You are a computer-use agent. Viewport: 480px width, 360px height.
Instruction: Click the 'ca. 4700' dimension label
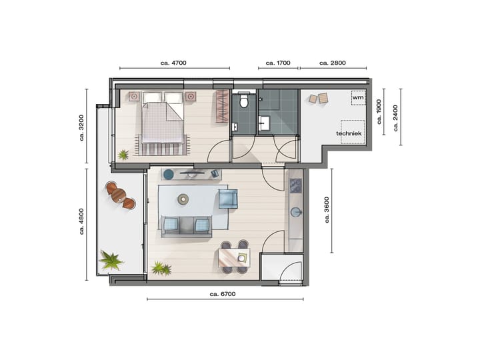pyautogui.click(x=174, y=63)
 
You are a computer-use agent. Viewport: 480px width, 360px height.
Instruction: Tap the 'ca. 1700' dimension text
pyautogui.click(x=278, y=63)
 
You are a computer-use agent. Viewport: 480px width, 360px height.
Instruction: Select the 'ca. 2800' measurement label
pyautogui.click(x=333, y=63)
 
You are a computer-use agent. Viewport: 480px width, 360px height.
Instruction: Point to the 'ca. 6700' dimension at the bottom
pyautogui.click(x=222, y=293)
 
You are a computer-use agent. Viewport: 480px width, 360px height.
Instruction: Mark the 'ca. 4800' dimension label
pyautogui.click(x=81, y=223)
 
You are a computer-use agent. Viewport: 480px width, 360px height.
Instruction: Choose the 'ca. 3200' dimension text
pyautogui.click(x=81, y=129)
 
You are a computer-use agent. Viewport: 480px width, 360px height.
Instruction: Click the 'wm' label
pyautogui.click(x=357, y=98)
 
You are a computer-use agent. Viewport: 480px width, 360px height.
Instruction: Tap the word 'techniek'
pyautogui.click(x=349, y=133)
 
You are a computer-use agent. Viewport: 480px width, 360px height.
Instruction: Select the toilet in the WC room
pyautogui.click(x=243, y=101)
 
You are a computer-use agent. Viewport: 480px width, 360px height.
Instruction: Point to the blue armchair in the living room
pyautogui.click(x=228, y=199)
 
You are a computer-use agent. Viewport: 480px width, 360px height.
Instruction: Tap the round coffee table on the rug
pyautogui.click(x=183, y=198)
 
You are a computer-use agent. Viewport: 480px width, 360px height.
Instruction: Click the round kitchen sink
pyautogui.click(x=295, y=212)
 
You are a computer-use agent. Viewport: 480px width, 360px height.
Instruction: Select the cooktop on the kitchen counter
pyautogui.click(x=295, y=184)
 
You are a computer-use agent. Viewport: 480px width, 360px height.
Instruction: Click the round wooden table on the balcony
pyautogui.click(x=119, y=195)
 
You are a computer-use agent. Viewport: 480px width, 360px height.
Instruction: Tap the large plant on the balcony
pyautogui.click(x=110, y=259)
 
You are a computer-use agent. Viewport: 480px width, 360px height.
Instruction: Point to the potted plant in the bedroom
pyautogui.click(x=123, y=155)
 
